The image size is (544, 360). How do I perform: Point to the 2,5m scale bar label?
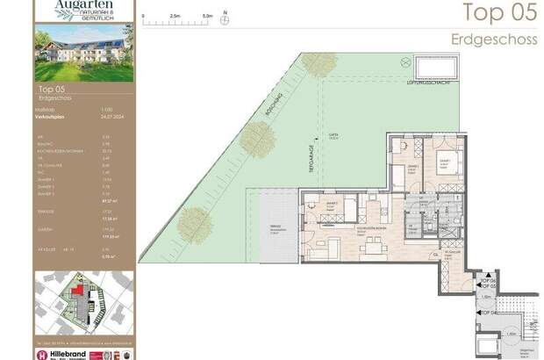pos(175,15)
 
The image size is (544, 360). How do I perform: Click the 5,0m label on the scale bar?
pos(207,15)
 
